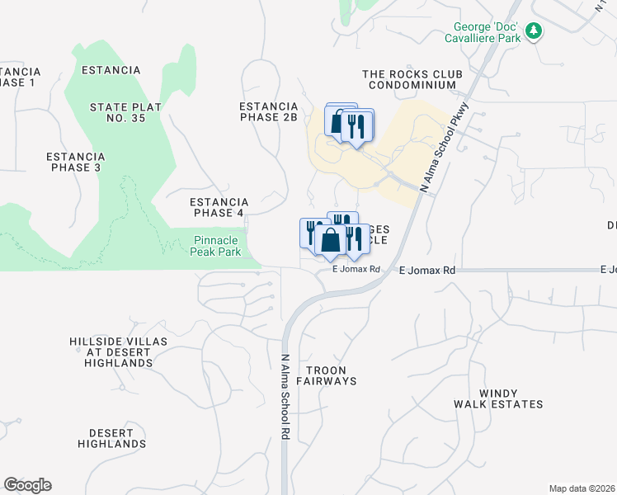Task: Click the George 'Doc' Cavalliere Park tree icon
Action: tap(535, 31)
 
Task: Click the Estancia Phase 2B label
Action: tap(267, 112)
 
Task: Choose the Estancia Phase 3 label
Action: tap(75, 162)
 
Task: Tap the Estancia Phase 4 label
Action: tap(219, 208)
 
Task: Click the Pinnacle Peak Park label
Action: tap(217, 246)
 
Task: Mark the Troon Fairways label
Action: tap(331, 376)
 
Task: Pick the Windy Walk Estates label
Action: tap(498, 398)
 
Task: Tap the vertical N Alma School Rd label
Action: tap(285, 397)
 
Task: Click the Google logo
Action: tap(27, 485)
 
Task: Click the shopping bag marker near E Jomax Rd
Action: tap(330, 242)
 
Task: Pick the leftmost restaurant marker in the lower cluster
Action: tap(312, 230)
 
